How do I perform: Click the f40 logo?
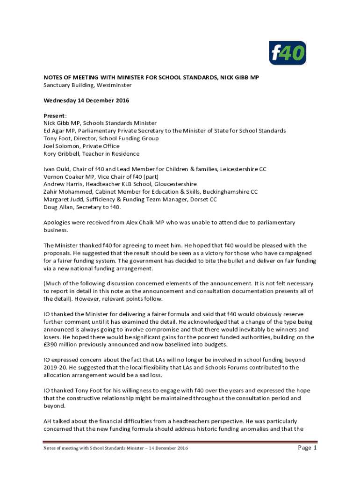288,53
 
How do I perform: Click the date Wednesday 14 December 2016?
86,101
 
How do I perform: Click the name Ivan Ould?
58,169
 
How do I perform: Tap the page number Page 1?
307,448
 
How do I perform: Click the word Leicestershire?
244,169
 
